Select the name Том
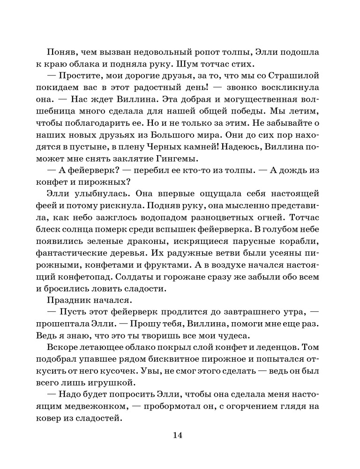(311, 347)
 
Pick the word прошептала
(68, 323)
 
